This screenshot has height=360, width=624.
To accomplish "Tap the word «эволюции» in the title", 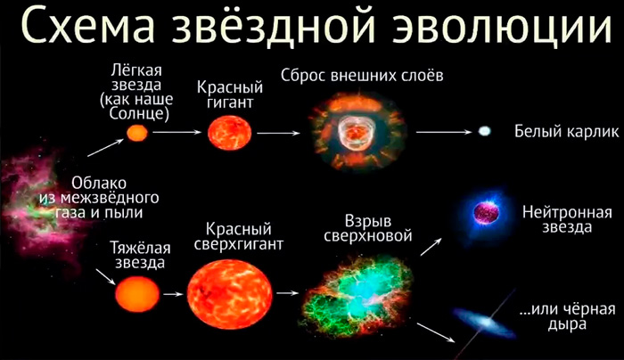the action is pos(501,26).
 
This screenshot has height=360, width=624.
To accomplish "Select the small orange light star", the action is pos(137,133).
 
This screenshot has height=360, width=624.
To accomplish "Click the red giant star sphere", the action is pos(230,133).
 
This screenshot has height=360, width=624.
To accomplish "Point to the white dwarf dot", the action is pos(485,131).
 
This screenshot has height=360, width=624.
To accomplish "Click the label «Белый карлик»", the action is pos(567,131).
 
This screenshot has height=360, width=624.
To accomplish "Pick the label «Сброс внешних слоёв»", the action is pos(362,75).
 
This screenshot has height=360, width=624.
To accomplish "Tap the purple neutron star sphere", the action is pos(486,213).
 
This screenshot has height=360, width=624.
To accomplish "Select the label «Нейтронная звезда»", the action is pos(567,219).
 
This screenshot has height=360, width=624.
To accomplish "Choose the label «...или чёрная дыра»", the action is pos(568,316).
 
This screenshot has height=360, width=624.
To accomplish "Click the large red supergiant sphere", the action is pos(230,294).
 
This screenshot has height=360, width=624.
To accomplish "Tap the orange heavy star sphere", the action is pos(137,294).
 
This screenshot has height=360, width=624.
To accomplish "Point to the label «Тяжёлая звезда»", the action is pos(140,256).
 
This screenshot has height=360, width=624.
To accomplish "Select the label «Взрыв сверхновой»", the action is pos(367,228).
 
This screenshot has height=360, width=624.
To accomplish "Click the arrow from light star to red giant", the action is pos(177,132).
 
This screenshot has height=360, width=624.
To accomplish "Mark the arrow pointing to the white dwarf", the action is pos(444,132).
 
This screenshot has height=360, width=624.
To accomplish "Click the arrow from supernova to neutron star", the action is pos(431,247).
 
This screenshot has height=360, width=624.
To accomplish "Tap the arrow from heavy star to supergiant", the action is pos(173,294).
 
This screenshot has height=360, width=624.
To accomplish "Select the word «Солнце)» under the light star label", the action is pos(139,114).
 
